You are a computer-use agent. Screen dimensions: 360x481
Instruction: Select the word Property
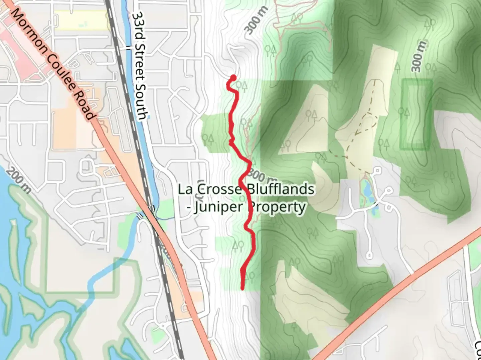point(277,207)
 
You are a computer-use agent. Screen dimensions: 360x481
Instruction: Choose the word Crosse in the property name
point(218,189)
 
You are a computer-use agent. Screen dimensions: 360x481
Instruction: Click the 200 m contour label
point(19,180)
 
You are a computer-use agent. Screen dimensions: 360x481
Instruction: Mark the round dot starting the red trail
point(233,78)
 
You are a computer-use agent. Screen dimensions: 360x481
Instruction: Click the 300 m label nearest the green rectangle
point(419,56)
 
